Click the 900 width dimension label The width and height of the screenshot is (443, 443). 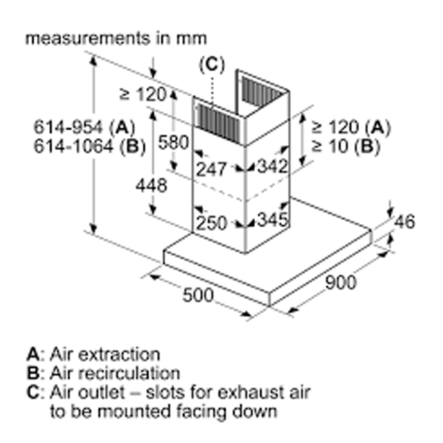tap(340, 282)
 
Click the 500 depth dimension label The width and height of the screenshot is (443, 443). tap(198, 294)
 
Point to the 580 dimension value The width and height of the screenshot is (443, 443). tap(174, 143)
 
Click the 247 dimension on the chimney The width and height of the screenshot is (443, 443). tap(211, 168)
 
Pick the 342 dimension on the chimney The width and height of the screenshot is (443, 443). tap(272, 167)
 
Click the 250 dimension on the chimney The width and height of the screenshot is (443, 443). tap(211, 223)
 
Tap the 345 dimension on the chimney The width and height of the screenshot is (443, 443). tap(272, 219)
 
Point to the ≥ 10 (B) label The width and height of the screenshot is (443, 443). tap(345, 146)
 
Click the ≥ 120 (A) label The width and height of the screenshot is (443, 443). tap(351, 128)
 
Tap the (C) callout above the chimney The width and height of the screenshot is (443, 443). tap(212, 65)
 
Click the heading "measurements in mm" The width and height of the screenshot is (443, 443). tap(116, 38)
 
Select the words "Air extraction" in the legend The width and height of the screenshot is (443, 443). tap(105, 354)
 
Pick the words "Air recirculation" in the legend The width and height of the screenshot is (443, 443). tap(115, 373)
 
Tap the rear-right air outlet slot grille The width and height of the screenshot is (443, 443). tap(262, 92)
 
